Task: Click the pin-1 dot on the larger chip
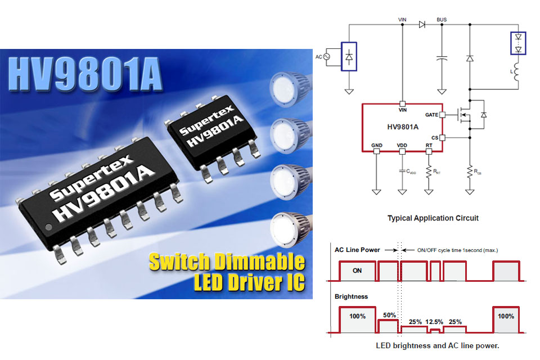tap(49, 227)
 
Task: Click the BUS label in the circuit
tap(442, 20)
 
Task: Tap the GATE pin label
tap(431, 115)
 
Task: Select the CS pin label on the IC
tap(435, 137)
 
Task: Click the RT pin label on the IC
tap(429, 145)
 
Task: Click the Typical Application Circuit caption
tap(433, 218)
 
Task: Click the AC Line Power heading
tap(357, 250)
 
